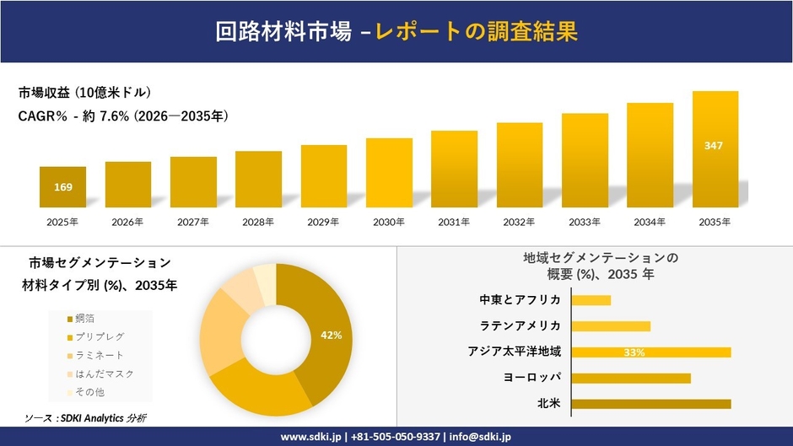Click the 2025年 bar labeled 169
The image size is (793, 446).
pos(62,186)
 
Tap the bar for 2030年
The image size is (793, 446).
pos(389,173)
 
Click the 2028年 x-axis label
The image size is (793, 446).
pos(258,223)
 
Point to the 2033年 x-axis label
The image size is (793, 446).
pos(585,223)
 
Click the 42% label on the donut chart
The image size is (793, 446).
pos(331,336)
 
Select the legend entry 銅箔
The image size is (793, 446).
pos(84,318)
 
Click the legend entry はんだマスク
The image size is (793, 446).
pos(103,373)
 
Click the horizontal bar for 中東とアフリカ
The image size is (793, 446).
pos(591,300)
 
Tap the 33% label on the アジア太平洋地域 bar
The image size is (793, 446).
pos(634,352)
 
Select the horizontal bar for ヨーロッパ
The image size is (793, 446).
pos(631,378)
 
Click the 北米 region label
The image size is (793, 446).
pos(548,404)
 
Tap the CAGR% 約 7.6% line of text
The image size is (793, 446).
pos(123,116)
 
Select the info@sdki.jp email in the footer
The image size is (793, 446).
pos(478,437)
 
